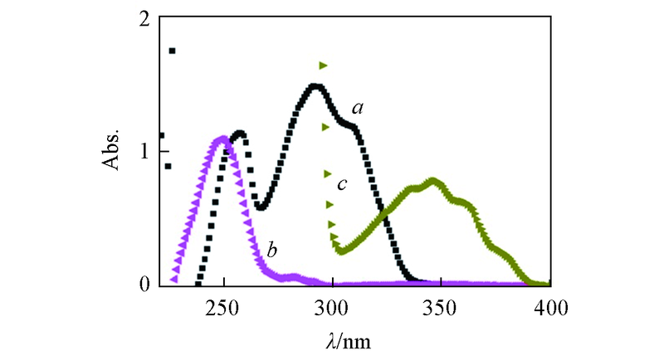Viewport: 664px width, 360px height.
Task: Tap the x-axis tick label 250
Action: point(222,307)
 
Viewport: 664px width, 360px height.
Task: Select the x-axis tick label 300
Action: point(332,307)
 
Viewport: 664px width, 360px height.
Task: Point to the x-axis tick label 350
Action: point(441,307)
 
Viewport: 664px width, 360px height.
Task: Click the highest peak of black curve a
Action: point(315,86)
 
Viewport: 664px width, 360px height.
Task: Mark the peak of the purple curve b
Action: point(222,139)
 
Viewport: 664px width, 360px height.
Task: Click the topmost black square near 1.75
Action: point(172,51)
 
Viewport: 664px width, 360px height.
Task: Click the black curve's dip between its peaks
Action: point(260,207)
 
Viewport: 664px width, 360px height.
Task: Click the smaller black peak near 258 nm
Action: point(240,133)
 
